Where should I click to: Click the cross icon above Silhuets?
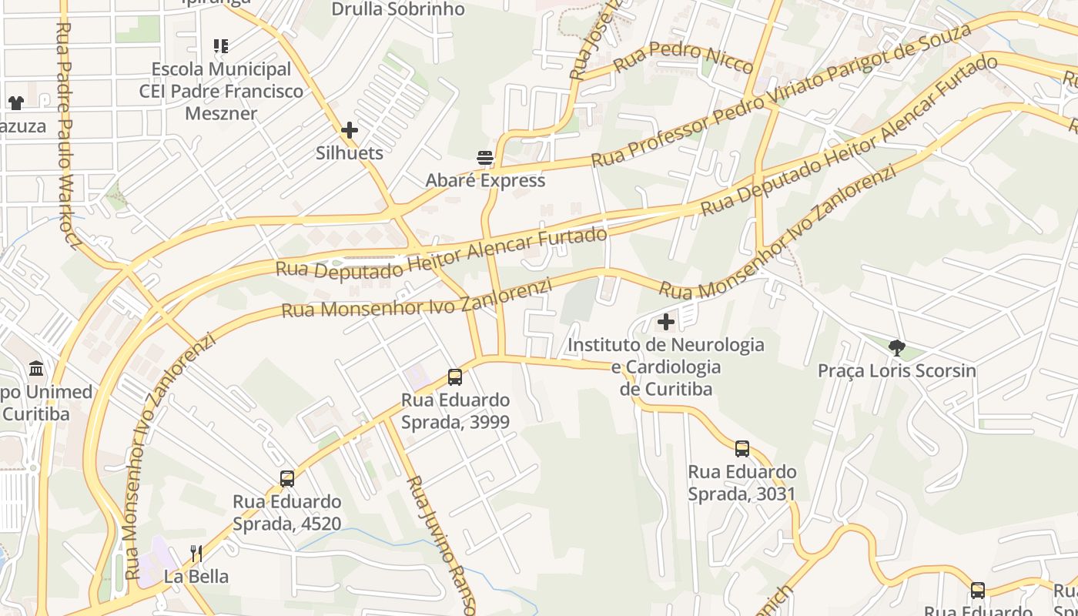point(350,130)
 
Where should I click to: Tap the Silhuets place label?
point(350,153)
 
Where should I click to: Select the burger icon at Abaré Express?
point(485,159)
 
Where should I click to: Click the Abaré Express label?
point(485,180)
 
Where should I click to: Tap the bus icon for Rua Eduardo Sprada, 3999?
point(455,377)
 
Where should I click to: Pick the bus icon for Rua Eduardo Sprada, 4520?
point(287,479)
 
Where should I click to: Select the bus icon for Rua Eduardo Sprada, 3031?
point(742,449)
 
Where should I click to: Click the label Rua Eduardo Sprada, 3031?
point(742,483)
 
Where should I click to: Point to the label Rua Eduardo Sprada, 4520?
point(287,513)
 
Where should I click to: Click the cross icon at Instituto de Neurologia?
point(666,322)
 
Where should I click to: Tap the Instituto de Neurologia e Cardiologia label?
point(666,367)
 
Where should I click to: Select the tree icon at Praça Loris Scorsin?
point(896,348)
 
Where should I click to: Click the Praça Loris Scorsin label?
point(896,371)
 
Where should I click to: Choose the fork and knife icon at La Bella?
point(196,553)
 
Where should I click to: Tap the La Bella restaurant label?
point(196,576)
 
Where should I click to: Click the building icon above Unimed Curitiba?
point(36,369)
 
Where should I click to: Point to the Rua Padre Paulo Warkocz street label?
point(69,136)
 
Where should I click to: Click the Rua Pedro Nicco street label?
point(684,58)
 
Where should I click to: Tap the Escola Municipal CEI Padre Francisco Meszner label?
point(221,91)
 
